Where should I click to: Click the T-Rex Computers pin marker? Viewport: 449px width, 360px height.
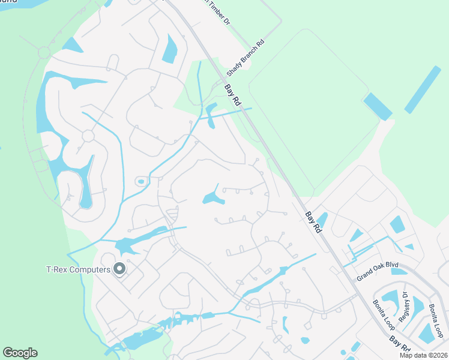coord(119,269)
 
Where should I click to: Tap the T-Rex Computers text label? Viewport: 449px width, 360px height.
coord(78,269)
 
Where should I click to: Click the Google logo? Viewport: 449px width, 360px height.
coord(20,353)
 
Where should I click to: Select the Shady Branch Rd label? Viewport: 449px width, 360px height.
coord(246,58)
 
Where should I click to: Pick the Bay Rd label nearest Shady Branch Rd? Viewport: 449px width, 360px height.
coord(233,97)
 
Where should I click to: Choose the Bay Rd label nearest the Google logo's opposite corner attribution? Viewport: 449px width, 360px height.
coord(399,345)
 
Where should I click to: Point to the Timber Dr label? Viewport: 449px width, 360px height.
coord(216,11)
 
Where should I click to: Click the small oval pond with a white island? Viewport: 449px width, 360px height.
coord(141,181)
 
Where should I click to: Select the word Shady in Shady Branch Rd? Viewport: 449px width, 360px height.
coord(234,69)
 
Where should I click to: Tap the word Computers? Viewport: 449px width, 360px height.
coord(91,269)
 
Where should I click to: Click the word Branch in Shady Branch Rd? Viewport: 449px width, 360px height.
coord(247,56)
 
